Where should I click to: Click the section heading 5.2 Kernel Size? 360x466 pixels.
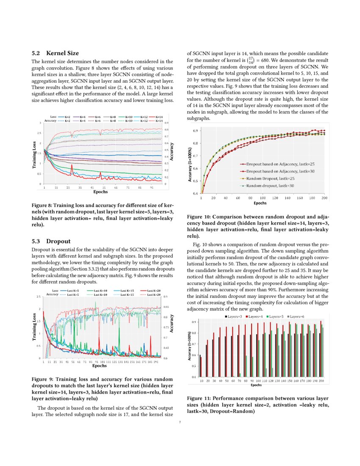tap(55, 53)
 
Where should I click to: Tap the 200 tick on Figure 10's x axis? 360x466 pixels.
tap(324, 198)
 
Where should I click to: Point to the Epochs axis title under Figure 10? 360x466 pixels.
tap(260, 203)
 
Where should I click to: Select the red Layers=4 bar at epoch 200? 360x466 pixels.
tap(321, 349)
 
